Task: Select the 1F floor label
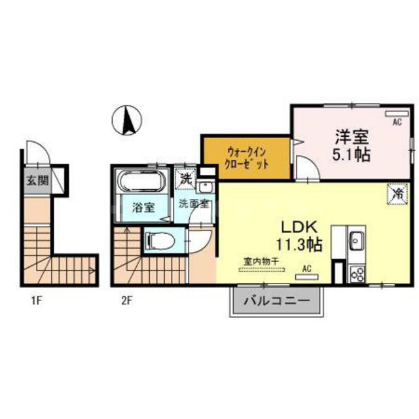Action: coord(37,302)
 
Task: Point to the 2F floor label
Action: coord(126,302)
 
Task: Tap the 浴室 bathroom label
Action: coord(143,208)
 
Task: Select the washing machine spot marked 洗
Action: coord(185,177)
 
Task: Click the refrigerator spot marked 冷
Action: coord(397,194)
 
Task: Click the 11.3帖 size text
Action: coord(301,246)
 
